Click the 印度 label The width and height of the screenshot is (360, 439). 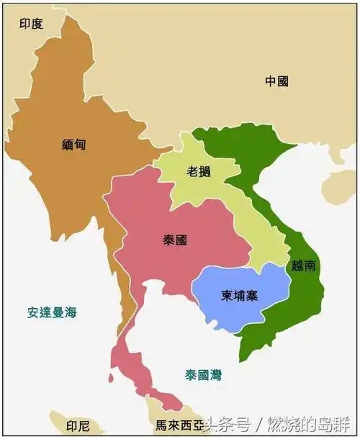click(32, 24)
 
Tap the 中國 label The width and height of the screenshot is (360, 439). click(276, 81)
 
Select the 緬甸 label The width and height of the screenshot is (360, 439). click(73, 144)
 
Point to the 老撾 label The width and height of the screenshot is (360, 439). click(199, 172)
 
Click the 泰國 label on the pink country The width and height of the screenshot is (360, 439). click(175, 240)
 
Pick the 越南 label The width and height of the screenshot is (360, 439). click(303, 265)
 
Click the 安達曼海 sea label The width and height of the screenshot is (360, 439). click(52, 312)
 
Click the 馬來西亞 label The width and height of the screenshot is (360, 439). click(175, 425)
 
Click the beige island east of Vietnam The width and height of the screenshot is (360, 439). click(338, 185)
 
